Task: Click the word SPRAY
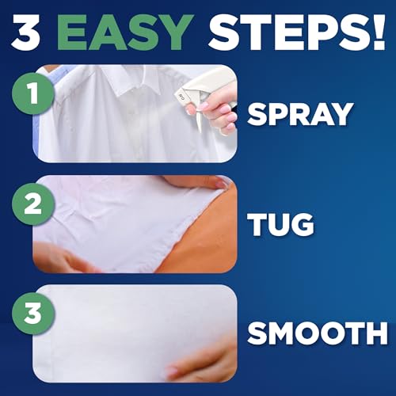point(299,114)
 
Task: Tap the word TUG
point(281,224)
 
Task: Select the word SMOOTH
point(317,334)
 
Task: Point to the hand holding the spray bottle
point(218,111)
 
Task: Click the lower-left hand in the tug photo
point(63,257)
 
